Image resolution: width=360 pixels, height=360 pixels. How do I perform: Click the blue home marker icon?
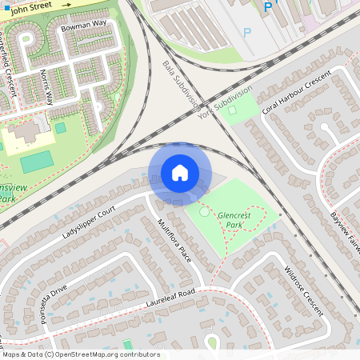[180, 173]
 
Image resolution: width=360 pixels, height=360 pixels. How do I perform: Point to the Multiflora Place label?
[174, 241]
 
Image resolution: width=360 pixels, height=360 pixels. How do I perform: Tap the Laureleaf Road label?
[160, 299]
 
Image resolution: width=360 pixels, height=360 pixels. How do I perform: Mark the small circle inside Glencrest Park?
[204, 211]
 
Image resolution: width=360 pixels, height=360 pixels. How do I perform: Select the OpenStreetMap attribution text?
[80, 354]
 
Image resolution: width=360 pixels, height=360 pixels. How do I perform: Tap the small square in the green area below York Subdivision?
[233, 110]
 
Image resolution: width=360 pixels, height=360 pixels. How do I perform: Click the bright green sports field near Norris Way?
[37, 162]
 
